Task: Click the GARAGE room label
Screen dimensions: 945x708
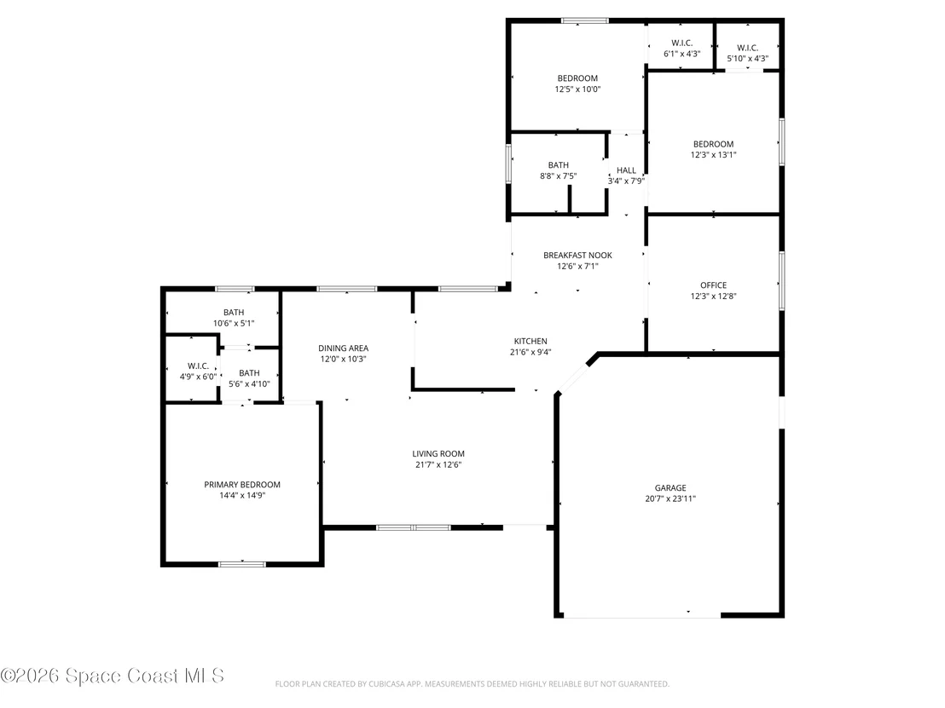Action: coord(670,487)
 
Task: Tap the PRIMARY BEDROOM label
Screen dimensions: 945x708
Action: coord(241,485)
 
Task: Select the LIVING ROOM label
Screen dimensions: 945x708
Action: coord(438,454)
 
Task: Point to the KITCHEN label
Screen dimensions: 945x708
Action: coord(530,342)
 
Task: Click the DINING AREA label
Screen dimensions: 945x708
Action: coord(343,348)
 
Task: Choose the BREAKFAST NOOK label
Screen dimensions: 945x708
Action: coord(577,256)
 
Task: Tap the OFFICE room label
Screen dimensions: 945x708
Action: coord(713,285)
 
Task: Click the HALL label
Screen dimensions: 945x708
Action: coord(626,170)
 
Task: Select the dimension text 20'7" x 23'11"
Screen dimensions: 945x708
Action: coord(670,498)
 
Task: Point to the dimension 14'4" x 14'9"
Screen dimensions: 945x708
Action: coord(242,496)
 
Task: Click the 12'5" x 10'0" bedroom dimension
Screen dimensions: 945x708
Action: coord(577,89)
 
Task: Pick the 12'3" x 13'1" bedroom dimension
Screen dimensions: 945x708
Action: coord(713,155)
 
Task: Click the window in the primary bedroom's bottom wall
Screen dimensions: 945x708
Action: coord(241,564)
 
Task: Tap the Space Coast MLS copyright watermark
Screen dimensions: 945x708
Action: coord(112,676)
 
